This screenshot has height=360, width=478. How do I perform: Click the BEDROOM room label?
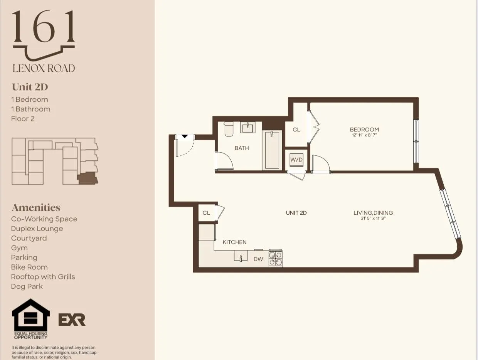tap(364, 130)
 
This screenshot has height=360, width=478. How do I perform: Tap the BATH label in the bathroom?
tap(242, 148)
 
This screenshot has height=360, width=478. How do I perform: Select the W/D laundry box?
tap(296, 159)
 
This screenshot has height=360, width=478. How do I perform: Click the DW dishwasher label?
tap(258, 259)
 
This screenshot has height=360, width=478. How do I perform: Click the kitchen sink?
tap(241, 256)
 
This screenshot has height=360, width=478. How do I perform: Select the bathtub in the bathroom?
tap(272, 150)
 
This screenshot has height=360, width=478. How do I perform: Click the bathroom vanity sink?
tap(247, 128)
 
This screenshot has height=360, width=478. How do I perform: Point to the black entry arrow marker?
tap(184, 136)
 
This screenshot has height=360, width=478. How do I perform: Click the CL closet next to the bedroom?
tap(296, 130)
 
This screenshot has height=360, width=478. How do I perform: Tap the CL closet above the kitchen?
tap(206, 213)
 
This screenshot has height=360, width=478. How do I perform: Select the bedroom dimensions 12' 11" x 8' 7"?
tap(364, 136)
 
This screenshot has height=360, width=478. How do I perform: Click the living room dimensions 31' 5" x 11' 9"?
tap(373, 219)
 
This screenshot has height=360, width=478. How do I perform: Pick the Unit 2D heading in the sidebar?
tap(30, 87)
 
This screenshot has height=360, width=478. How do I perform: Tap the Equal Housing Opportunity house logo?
tap(31, 318)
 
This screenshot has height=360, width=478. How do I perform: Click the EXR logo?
tap(72, 320)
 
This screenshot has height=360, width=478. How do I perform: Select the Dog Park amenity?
tap(27, 286)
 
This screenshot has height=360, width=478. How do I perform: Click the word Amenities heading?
tap(36, 207)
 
